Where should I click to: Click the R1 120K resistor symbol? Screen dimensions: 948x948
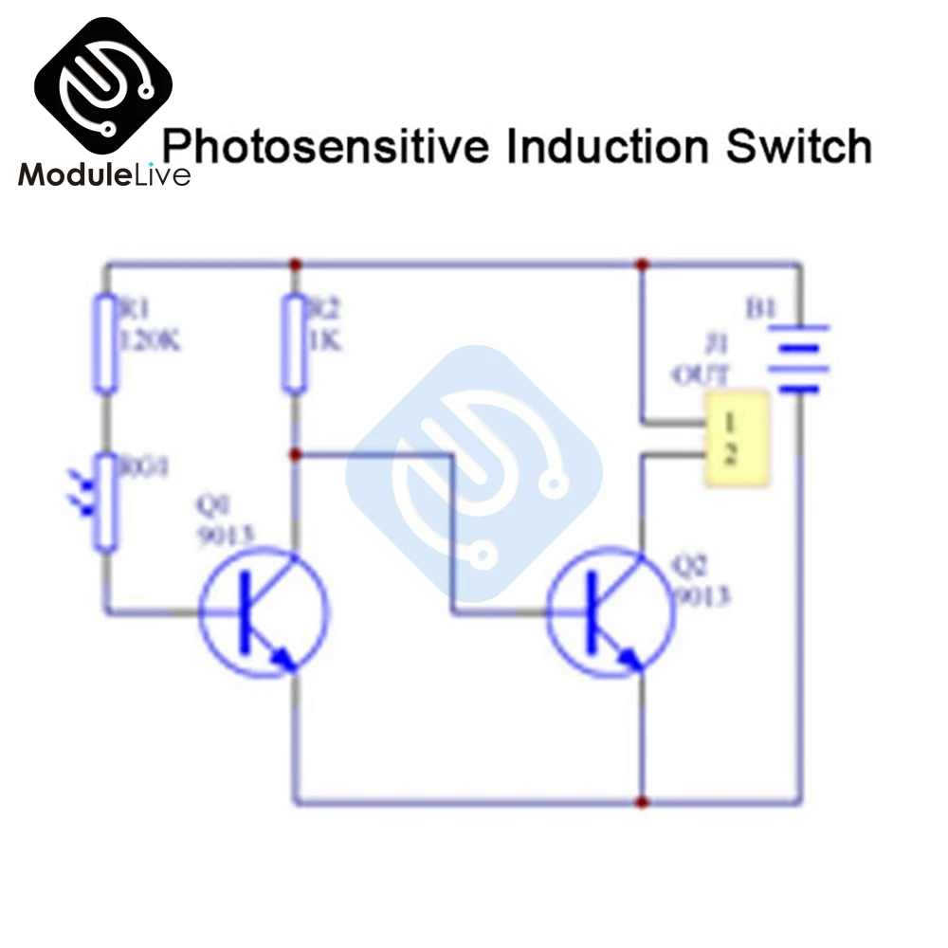point(105,343)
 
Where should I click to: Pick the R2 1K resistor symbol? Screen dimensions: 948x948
point(295,343)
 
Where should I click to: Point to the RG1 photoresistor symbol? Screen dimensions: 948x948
point(105,502)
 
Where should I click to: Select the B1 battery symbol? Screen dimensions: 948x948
point(802,358)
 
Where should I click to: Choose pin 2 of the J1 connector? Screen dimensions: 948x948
point(731,455)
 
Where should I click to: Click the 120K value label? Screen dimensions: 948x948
point(147,339)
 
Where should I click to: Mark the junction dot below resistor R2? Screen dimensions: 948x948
point(295,455)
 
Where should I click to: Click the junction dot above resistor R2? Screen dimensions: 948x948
point(295,264)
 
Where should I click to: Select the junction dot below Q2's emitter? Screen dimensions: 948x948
point(643,803)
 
